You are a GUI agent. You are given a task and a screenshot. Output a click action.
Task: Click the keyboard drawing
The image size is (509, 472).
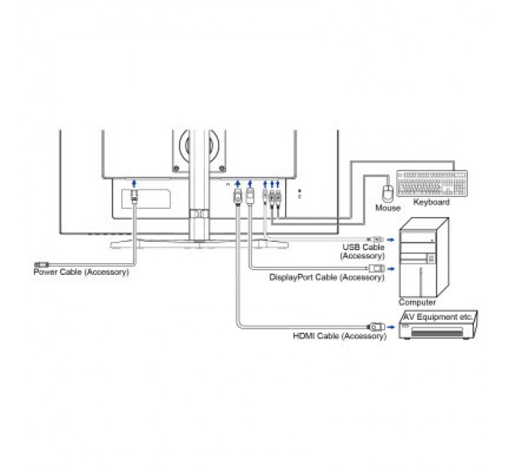[x=432, y=184]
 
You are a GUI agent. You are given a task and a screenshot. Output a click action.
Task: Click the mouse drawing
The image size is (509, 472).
[x=388, y=193]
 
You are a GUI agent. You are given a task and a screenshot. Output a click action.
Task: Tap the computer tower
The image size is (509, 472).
[x=424, y=257]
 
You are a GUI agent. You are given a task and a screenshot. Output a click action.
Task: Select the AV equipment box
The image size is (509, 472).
[x=438, y=325]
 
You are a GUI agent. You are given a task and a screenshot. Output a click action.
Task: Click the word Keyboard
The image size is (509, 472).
[x=431, y=202]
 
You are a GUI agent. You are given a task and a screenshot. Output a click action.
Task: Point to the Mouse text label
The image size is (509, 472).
[x=388, y=208]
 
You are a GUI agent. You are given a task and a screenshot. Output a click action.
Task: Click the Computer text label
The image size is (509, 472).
[x=417, y=303]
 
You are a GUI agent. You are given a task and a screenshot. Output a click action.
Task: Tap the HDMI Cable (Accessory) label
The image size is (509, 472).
[x=340, y=336]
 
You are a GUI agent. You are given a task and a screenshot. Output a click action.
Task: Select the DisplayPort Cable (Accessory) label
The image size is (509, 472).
[x=327, y=277]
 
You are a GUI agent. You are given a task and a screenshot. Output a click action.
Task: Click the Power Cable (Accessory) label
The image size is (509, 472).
[x=81, y=272]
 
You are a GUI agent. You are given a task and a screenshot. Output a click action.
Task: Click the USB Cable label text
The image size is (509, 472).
[x=363, y=247]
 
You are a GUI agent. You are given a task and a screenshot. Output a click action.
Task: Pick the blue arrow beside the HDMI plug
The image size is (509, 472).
[x=391, y=327]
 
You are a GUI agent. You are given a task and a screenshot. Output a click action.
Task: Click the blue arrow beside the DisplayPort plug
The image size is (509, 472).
[x=391, y=269]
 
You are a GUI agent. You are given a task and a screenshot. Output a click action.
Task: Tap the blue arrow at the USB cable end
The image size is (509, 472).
[x=391, y=240]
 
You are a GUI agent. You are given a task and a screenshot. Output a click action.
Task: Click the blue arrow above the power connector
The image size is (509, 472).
[x=134, y=184]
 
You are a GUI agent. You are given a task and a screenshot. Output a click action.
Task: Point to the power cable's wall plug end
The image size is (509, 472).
[x=41, y=264]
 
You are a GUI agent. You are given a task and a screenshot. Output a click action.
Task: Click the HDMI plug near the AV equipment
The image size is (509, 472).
[x=377, y=327]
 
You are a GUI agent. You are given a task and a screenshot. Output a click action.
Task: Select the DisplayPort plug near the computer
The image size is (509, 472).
[x=377, y=269]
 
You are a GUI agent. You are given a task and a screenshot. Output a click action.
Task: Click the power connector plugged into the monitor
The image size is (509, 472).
[x=134, y=196]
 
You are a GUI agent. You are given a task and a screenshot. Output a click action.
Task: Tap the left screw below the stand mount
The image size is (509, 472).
[x=176, y=169]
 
